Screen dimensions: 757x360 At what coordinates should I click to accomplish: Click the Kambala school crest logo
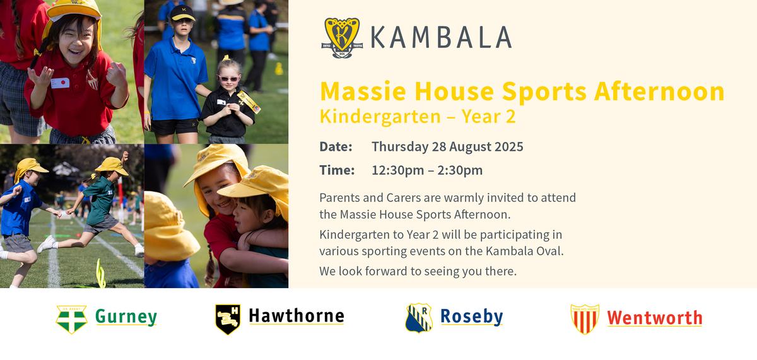342,38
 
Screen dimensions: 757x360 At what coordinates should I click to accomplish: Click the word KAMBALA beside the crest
441,37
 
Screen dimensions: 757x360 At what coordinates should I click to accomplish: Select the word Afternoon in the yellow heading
659,91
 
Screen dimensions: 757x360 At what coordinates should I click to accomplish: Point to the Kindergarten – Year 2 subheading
418,117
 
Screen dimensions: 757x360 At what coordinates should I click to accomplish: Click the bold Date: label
336,147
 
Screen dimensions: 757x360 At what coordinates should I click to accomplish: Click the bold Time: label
337,170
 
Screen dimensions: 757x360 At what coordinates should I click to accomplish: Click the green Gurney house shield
72,319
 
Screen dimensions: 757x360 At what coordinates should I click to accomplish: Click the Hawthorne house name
296,316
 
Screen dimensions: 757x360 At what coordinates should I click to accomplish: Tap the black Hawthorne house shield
228,319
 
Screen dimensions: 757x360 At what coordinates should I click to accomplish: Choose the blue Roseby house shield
419,318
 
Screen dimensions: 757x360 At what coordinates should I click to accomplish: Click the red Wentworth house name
655,318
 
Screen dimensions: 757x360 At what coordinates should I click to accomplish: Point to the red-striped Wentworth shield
585,319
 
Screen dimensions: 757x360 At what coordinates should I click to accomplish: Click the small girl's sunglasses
229,79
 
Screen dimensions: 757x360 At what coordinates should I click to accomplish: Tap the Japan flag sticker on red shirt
60,83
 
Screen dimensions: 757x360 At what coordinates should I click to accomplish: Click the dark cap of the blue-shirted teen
182,13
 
